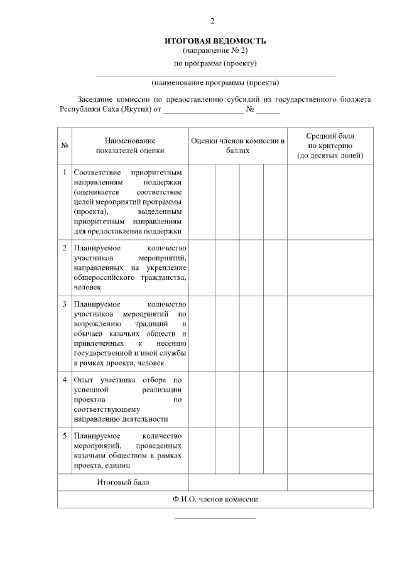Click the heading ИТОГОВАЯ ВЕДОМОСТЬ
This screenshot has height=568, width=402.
(x=215, y=41)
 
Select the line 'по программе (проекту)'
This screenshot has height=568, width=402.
(x=215, y=63)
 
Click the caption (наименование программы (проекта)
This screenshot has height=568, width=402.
(x=215, y=82)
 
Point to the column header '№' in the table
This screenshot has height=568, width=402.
(x=64, y=146)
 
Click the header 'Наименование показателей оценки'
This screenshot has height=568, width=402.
(x=130, y=146)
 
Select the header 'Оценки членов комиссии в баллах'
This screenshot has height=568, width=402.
(x=238, y=146)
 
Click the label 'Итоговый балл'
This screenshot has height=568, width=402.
(x=123, y=482)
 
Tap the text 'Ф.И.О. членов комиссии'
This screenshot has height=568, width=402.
(x=215, y=499)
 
